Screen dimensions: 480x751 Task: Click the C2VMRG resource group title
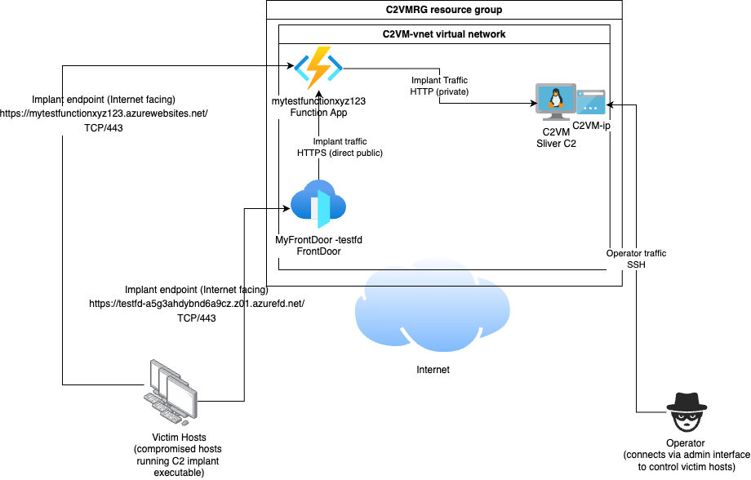pyautogui.click(x=444, y=11)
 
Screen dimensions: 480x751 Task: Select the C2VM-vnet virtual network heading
pyautogui.click(x=444, y=34)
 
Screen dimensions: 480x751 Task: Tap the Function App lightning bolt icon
pyautogui.click(x=314, y=69)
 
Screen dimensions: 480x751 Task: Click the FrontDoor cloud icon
pyautogui.click(x=318, y=204)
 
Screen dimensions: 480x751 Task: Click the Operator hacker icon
pyautogui.click(x=685, y=413)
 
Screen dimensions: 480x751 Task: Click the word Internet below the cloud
pyautogui.click(x=433, y=370)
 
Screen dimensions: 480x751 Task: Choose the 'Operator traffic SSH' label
pyautogui.click(x=636, y=260)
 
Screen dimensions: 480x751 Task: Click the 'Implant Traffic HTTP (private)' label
pyautogui.click(x=439, y=87)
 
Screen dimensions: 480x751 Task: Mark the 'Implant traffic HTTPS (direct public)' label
pyautogui.click(x=340, y=147)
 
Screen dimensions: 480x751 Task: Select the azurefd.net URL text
pyautogui.click(x=197, y=304)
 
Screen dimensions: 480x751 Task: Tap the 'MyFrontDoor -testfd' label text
pyautogui.click(x=318, y=240)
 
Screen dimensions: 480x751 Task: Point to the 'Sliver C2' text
pyautogui.click(x=555, y=143)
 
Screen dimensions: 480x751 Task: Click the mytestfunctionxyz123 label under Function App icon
pyautogui.click(x=318, y=101)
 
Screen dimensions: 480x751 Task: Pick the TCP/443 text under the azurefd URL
pyautogui.click(x=197, y=318)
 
